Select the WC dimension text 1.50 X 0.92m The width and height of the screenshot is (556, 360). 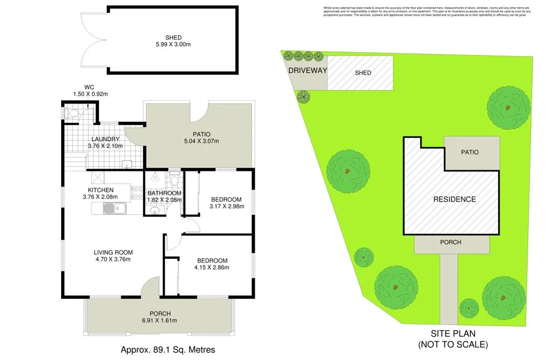coord(90,94)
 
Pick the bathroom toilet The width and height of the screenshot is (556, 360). coord(174,180)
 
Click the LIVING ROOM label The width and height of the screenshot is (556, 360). coord(113,253)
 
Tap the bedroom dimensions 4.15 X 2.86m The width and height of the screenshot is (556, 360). coord(212,268)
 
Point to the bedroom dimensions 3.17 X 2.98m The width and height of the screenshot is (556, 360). coord(227,206)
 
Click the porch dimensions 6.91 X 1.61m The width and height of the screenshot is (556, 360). coord(160,320)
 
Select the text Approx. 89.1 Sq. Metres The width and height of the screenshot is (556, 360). coord(168,350)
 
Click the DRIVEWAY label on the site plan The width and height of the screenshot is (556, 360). coord(307,71)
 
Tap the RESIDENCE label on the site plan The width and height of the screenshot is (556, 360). coord(455,199)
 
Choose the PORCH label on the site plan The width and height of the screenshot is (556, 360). coord(450,243)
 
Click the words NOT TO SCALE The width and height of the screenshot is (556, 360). coord(453,344)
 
